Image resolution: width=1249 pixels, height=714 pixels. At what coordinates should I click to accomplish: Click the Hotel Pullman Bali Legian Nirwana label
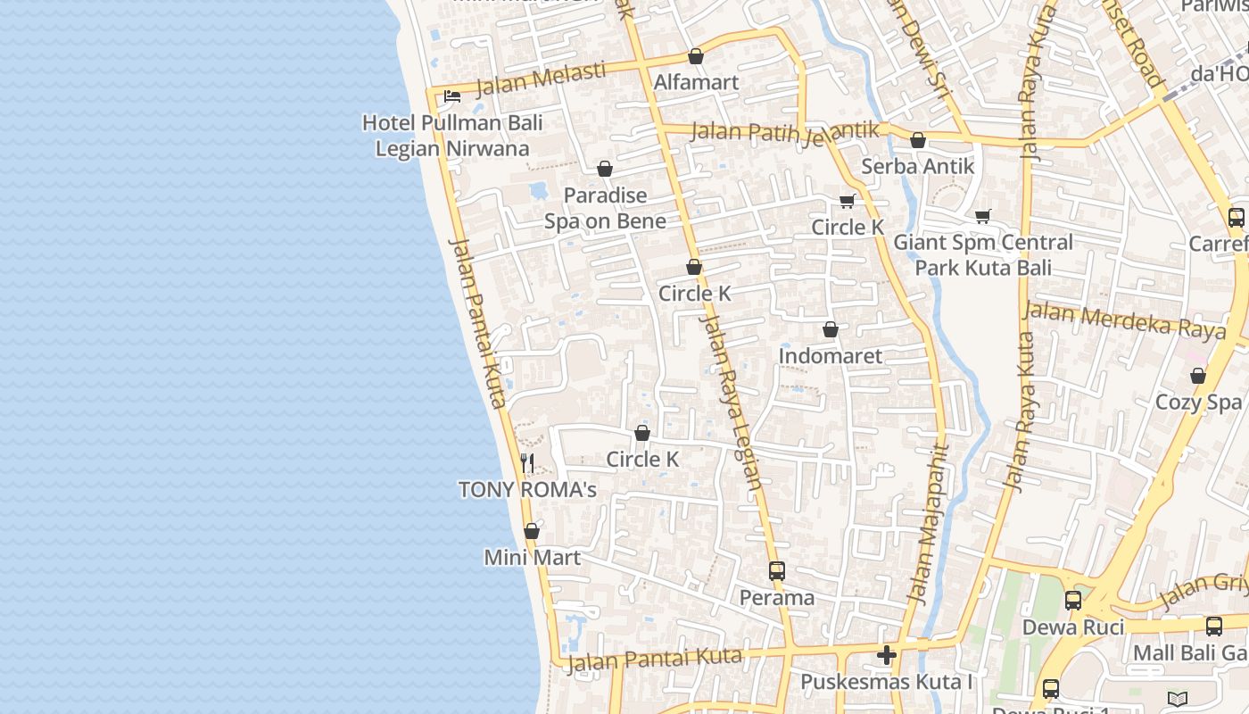452,135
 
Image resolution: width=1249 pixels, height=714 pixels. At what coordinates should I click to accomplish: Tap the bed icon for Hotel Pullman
452,95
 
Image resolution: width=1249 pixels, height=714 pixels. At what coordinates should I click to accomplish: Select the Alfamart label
696,82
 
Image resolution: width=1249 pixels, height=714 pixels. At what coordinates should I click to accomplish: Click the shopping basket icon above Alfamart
696,56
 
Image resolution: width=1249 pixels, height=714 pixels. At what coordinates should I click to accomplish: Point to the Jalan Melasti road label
541,78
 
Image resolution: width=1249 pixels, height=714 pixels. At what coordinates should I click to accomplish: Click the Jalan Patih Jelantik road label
785,131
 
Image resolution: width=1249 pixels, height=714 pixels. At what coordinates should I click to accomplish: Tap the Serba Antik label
917,166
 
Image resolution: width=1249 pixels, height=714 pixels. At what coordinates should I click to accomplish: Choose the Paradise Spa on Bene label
605,208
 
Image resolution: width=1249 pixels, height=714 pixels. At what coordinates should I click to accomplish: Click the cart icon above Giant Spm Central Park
983,215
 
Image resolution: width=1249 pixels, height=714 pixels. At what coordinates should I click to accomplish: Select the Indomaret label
830,356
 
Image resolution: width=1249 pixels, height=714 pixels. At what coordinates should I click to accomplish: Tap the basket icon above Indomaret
831,330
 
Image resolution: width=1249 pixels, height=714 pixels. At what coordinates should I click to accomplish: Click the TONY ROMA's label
527,489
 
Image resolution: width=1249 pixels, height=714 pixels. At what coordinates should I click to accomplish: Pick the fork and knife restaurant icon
528,462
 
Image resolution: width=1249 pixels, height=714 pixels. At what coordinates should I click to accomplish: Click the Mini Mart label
532,558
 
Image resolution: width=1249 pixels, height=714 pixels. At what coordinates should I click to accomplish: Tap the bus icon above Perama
777,571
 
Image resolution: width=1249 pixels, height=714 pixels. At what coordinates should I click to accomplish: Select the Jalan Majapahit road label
928,527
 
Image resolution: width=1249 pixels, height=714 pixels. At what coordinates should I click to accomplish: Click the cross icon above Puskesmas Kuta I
886,656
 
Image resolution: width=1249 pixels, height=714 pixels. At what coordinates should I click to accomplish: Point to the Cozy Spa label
1198,403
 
